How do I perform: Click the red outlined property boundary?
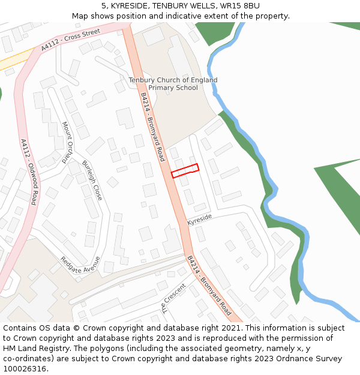tap(185, 170)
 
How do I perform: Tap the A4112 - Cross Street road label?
tap(70, 40)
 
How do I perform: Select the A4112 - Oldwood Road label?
tap(29, 172)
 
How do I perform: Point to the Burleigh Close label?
tap(92, 180)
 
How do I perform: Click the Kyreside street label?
tap(200, 220)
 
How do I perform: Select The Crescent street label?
tap(173, 298)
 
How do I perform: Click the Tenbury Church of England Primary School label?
tap(173, 84)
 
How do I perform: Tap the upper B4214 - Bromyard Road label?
tap(152, 126)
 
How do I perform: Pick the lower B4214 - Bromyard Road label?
tap(209, 286)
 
